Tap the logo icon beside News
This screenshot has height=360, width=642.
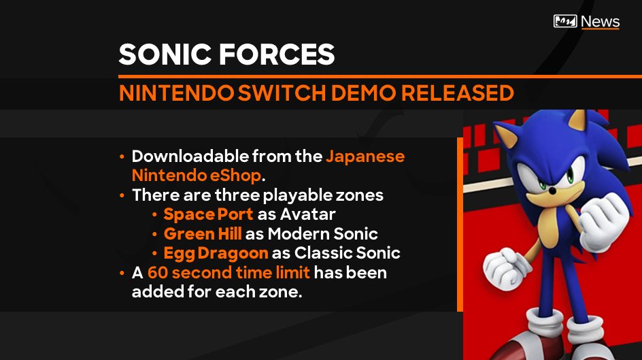click(x=566, y=21)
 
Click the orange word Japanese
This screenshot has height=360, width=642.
click(x=365, y=157)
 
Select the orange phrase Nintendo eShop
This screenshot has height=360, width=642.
click(x=197, y=176)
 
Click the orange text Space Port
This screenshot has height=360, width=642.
click(x=209, y=214)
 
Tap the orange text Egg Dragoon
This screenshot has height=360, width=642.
click(x=216, y=253)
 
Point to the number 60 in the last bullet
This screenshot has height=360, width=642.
click(x=156, y=273)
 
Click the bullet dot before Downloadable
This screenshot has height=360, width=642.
click(x=122, y=157)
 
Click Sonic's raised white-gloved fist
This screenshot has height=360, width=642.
click(x=607, y=224)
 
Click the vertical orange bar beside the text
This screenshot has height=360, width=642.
click(x=460, y=224)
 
